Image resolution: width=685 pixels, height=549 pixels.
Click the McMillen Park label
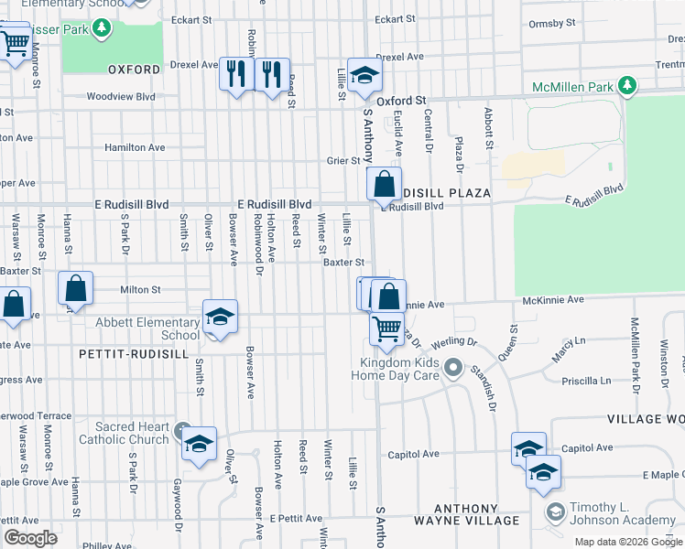click(x=573, y=87)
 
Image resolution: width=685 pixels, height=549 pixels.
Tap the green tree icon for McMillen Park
click(x=626, y=87)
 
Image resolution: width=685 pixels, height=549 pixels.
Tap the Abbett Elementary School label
click(x=147, y=328)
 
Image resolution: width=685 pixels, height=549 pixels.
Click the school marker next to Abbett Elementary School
click(x=220, y=317)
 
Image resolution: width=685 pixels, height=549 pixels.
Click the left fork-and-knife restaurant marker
click(x=237, y=74)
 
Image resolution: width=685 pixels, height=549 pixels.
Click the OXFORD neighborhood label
click(x=135, y=69)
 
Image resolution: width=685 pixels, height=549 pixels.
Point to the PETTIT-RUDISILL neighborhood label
click(x=134, y=353)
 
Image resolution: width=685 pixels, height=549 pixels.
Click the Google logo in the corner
click(x=30, y=538)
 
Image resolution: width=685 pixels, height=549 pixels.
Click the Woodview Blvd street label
click(x=121, y=96)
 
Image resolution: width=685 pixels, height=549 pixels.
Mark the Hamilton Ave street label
click(x=135, y=147)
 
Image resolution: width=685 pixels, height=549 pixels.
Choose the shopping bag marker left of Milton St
click(x=76, y=289)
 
